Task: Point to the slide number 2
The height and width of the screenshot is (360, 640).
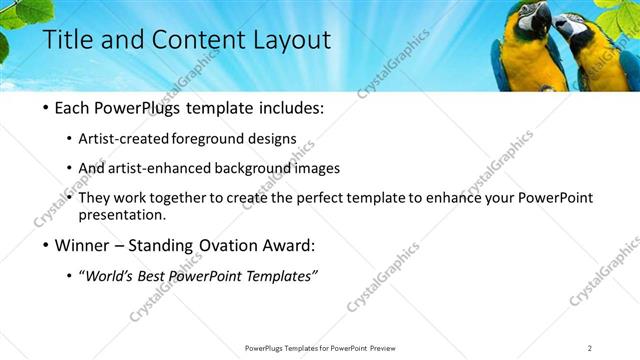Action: [x=589, y=347]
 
